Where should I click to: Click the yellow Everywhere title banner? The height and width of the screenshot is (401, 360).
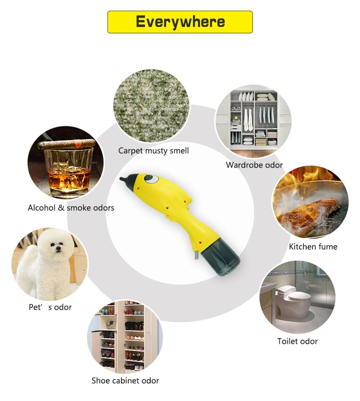[180, 22]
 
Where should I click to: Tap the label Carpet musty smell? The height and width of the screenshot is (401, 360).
[154, 151]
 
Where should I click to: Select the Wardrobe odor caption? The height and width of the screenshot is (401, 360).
[254, 165]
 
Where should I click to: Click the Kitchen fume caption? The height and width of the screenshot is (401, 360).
[313, 247]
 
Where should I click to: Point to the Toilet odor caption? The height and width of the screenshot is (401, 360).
[298, 341]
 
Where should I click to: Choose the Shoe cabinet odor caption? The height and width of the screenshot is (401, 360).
[125, 381]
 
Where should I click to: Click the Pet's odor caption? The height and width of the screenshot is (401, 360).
[50, 307]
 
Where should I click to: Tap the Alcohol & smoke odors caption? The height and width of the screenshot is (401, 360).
[71, 208]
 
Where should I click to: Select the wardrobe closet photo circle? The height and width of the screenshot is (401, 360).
[253, 120]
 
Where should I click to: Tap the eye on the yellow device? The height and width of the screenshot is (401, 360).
[152, 179]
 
